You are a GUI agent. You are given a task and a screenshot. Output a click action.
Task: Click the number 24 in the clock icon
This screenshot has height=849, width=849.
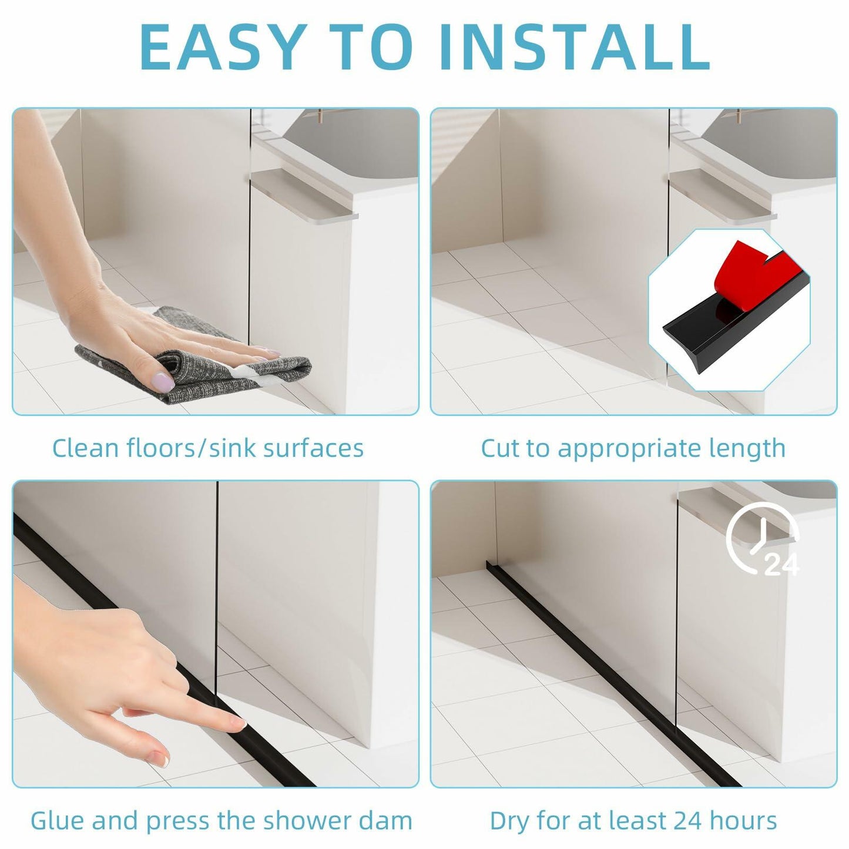[x=781, y=565]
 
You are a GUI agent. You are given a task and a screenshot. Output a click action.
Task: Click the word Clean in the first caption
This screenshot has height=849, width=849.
[x=86, y=448]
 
